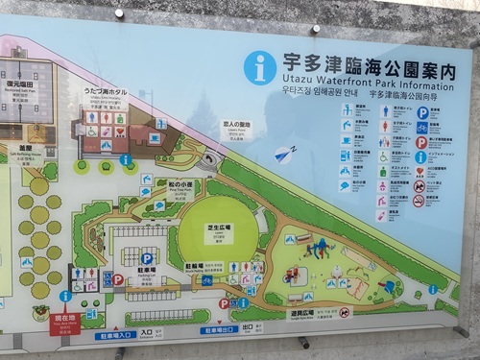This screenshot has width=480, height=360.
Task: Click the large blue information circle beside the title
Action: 259,66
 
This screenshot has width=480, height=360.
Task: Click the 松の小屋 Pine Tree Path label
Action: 180,185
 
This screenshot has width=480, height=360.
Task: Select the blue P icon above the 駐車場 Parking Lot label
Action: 147,258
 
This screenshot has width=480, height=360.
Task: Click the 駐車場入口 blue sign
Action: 113,334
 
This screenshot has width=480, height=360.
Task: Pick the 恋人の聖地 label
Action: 235,127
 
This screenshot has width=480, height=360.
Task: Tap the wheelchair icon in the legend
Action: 383,156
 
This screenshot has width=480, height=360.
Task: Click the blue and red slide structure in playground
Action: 316,249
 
